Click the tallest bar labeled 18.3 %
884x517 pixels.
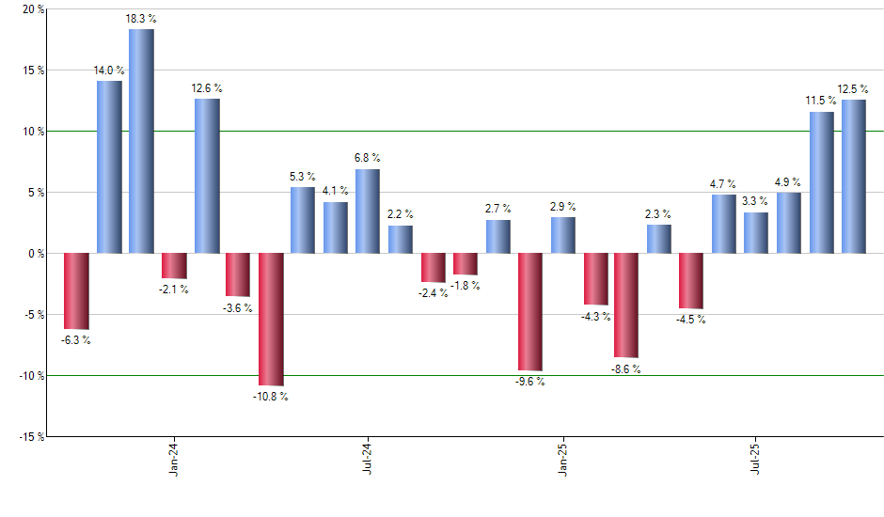pos(141,141)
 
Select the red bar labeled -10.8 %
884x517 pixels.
pos(271,320)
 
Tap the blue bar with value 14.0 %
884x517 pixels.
pos(109,167)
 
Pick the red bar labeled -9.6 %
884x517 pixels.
pos(530,312)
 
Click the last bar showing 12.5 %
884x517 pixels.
pos(854,177)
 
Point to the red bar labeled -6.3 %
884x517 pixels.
pos(76,291)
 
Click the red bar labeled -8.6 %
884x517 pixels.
pos(626,305)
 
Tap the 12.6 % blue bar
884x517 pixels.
pos(207,176)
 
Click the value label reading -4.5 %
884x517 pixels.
pos(691,320)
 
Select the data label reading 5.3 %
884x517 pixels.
pos(303,176)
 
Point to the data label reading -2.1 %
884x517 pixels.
pos(174,290)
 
